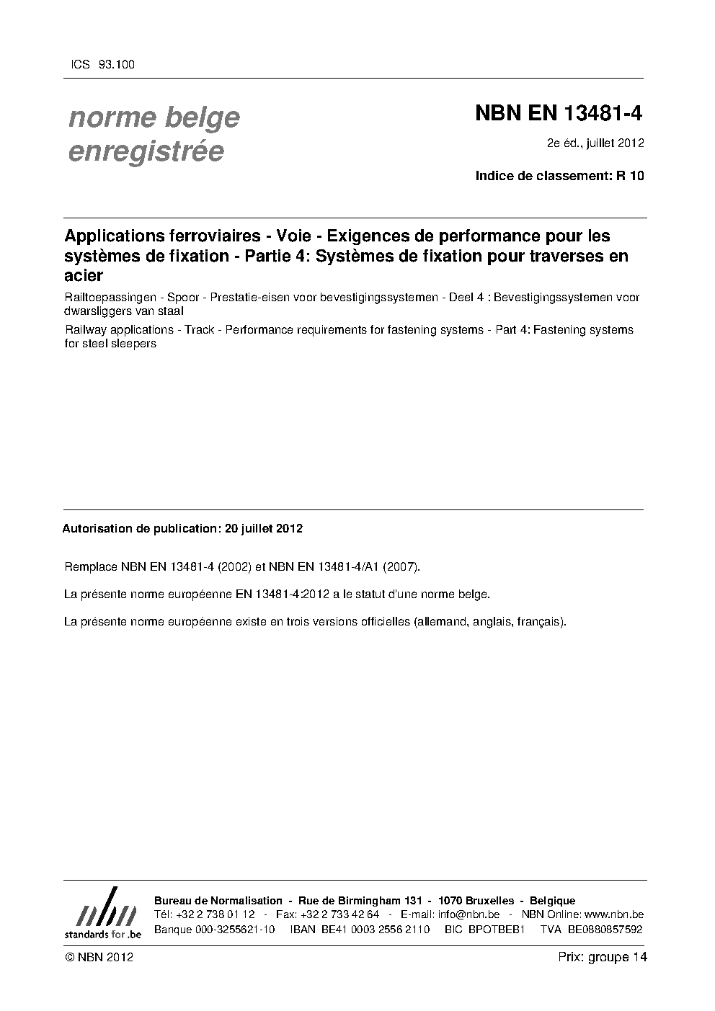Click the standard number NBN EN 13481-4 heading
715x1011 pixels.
pos(559,114)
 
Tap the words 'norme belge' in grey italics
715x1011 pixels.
pos(154,117)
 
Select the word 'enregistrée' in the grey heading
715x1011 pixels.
pos(146,151)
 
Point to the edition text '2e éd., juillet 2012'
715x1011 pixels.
pos(595,143)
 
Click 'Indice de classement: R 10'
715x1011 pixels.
pos(559,175)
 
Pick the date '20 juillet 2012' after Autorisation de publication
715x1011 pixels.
pos(263,528)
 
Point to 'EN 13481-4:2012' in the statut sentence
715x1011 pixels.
pos(282,594)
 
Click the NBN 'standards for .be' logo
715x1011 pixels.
pos(102,913)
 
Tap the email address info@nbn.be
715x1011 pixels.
pos(468,914)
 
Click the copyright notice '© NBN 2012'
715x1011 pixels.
pos(99,957)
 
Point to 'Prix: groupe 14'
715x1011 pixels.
pos(602,957)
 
